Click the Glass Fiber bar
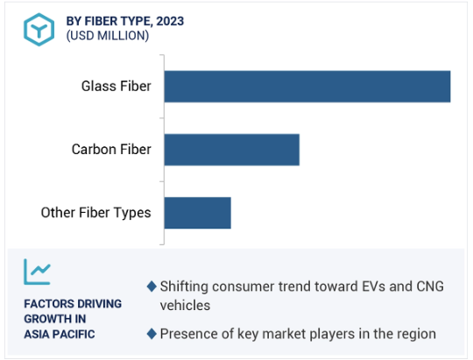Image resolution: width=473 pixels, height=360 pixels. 307,87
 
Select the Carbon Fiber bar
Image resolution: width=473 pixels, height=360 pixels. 232,150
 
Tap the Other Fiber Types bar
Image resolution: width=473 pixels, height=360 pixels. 198,213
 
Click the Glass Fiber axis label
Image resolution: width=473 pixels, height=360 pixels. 116,87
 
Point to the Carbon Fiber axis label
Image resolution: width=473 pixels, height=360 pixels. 111,150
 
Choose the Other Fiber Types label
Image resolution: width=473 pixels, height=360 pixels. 96,213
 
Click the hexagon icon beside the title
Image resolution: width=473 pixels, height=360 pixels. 39,30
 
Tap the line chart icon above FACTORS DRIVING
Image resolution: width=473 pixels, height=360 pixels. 37,272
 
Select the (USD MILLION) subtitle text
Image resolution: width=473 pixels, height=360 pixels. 108,36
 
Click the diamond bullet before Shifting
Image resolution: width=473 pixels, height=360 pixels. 152,286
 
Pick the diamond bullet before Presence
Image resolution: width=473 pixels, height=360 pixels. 152,334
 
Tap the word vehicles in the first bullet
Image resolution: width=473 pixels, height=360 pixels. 185,306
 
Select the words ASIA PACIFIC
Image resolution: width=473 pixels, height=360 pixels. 60,335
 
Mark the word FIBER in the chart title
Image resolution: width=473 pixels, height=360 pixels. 101,21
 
